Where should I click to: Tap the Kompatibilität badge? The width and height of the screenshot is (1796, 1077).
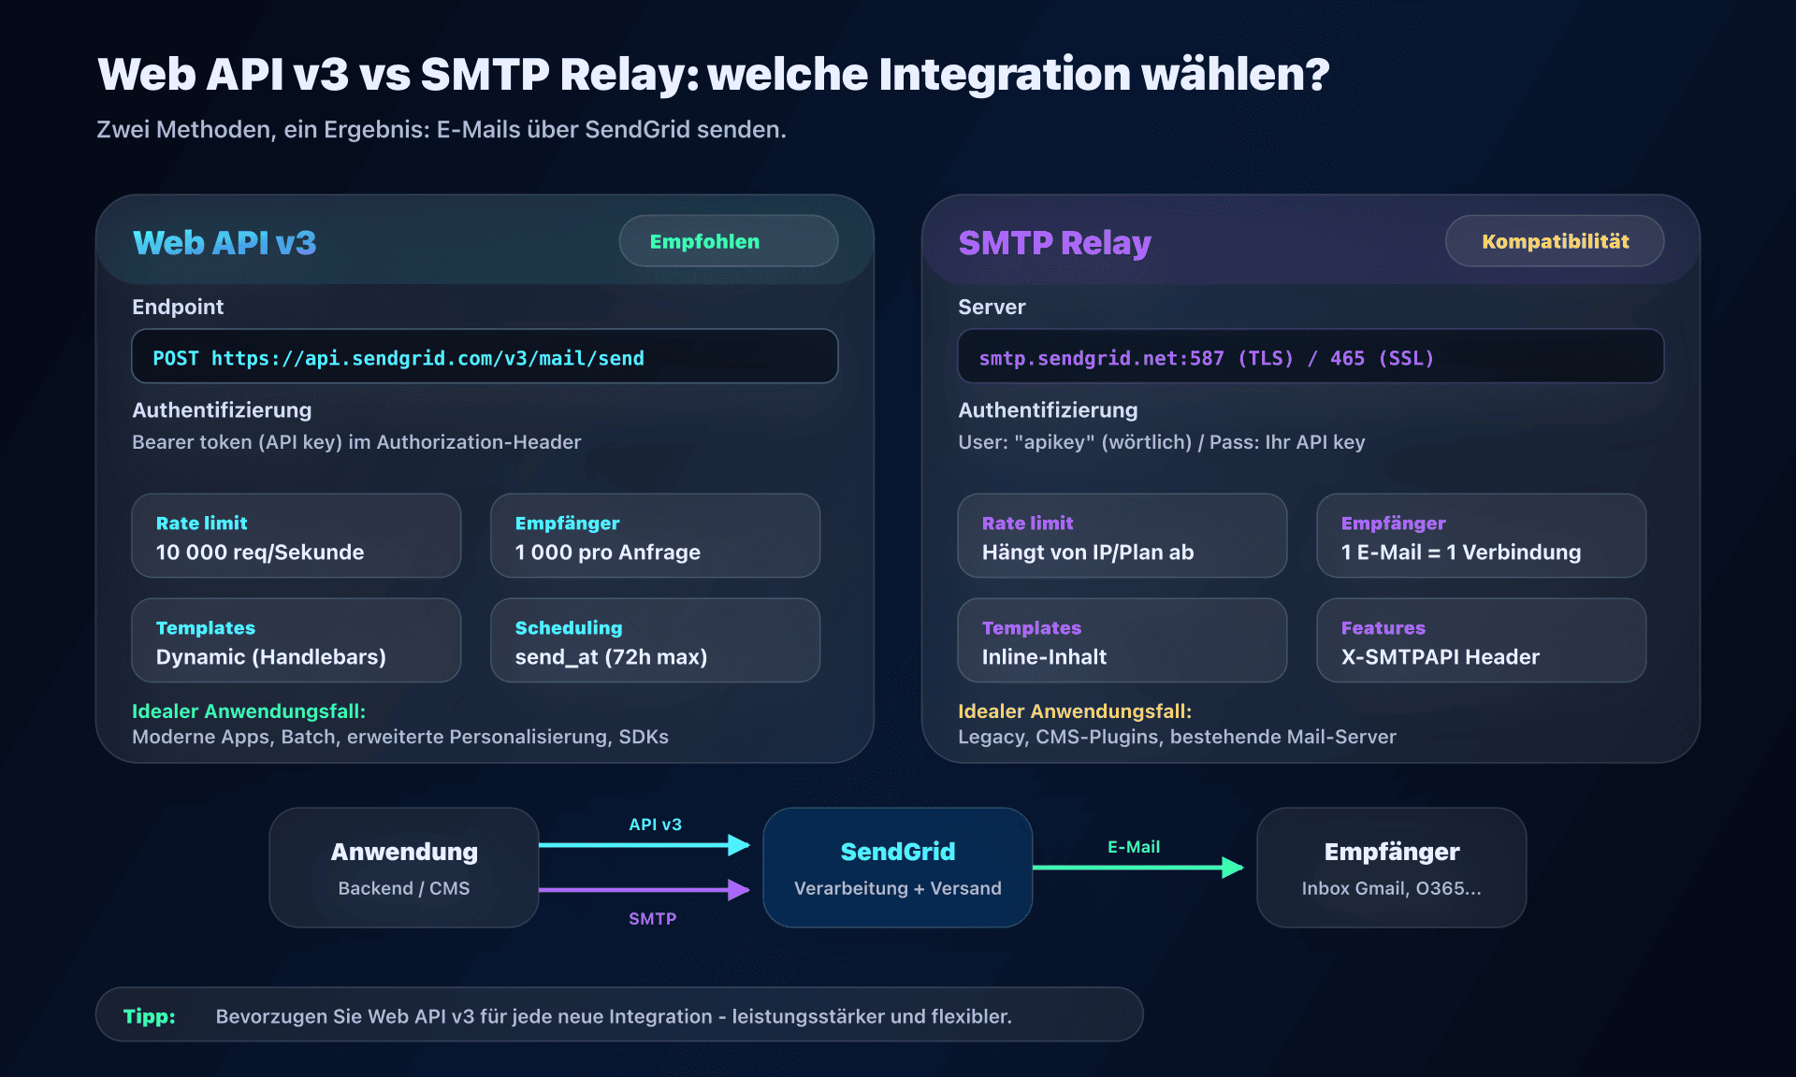coord(1554,241)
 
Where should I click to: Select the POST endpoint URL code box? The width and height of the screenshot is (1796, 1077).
coord(485,356)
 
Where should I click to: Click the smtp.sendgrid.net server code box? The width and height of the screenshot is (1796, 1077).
coord(1310,356)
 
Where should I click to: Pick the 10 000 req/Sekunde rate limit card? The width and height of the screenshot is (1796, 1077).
coord(296,537)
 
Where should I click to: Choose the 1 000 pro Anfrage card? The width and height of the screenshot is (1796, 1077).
coord(655,537)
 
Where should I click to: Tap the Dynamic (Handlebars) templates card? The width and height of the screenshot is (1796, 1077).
coord(296,641)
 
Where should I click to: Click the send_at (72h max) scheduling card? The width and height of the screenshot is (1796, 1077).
coord(655,641)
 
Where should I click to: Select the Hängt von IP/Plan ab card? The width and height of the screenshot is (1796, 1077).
coord(1122,537)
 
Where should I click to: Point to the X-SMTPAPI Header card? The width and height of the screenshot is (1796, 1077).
coord(1481,641)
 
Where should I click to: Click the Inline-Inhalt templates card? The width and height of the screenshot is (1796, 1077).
coord(1122,641)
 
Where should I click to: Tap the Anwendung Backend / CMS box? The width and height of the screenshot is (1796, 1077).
coord(404,868)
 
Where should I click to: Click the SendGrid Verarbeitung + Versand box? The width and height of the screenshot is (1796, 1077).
coord(898,868)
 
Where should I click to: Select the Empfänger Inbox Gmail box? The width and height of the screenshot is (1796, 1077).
coord(1391,868)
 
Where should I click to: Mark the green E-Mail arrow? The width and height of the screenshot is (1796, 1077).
coord(1137,868)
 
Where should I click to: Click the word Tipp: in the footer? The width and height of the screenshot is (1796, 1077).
coord(150,1016)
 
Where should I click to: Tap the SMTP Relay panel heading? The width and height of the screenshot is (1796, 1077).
coord(1054,243)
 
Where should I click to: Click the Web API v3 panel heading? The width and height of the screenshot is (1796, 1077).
coord(224,243)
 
